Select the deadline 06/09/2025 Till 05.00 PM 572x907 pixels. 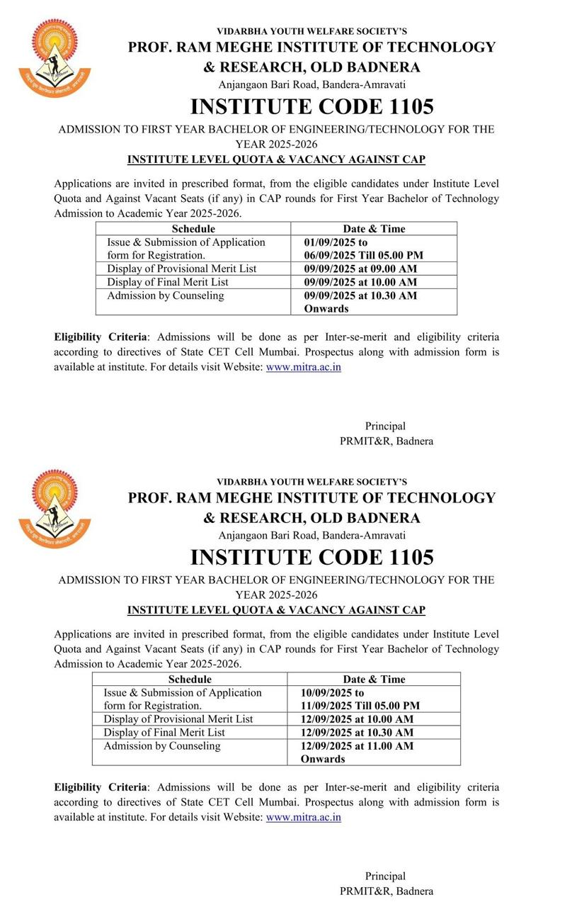364,255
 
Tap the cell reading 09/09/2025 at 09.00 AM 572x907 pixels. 360,269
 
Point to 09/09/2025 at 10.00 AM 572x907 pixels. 360,282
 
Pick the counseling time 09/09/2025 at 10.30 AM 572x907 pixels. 360,295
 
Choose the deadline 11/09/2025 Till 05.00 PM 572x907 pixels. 360,706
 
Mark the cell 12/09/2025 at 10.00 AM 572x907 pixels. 357,719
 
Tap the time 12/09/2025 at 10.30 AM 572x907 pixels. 357,732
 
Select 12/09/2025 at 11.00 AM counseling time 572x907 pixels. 357,745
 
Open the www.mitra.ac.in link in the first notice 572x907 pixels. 303,367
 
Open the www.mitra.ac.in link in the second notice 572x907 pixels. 303,817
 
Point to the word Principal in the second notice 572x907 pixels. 385,876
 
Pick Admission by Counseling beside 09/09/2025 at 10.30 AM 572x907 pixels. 166,295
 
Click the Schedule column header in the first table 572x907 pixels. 193,229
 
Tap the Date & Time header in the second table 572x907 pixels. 374,679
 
